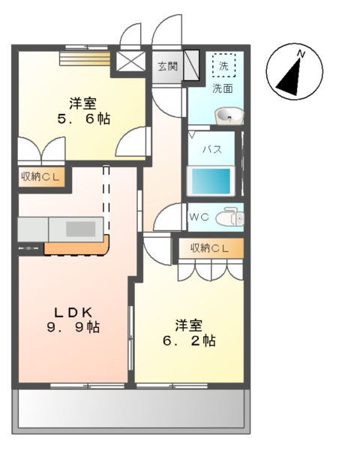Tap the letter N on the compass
301,54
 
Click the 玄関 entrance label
168,66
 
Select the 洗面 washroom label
221,88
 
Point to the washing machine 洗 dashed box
223,66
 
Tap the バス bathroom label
212,149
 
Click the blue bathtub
211,181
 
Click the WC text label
199,217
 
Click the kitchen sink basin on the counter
78,228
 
